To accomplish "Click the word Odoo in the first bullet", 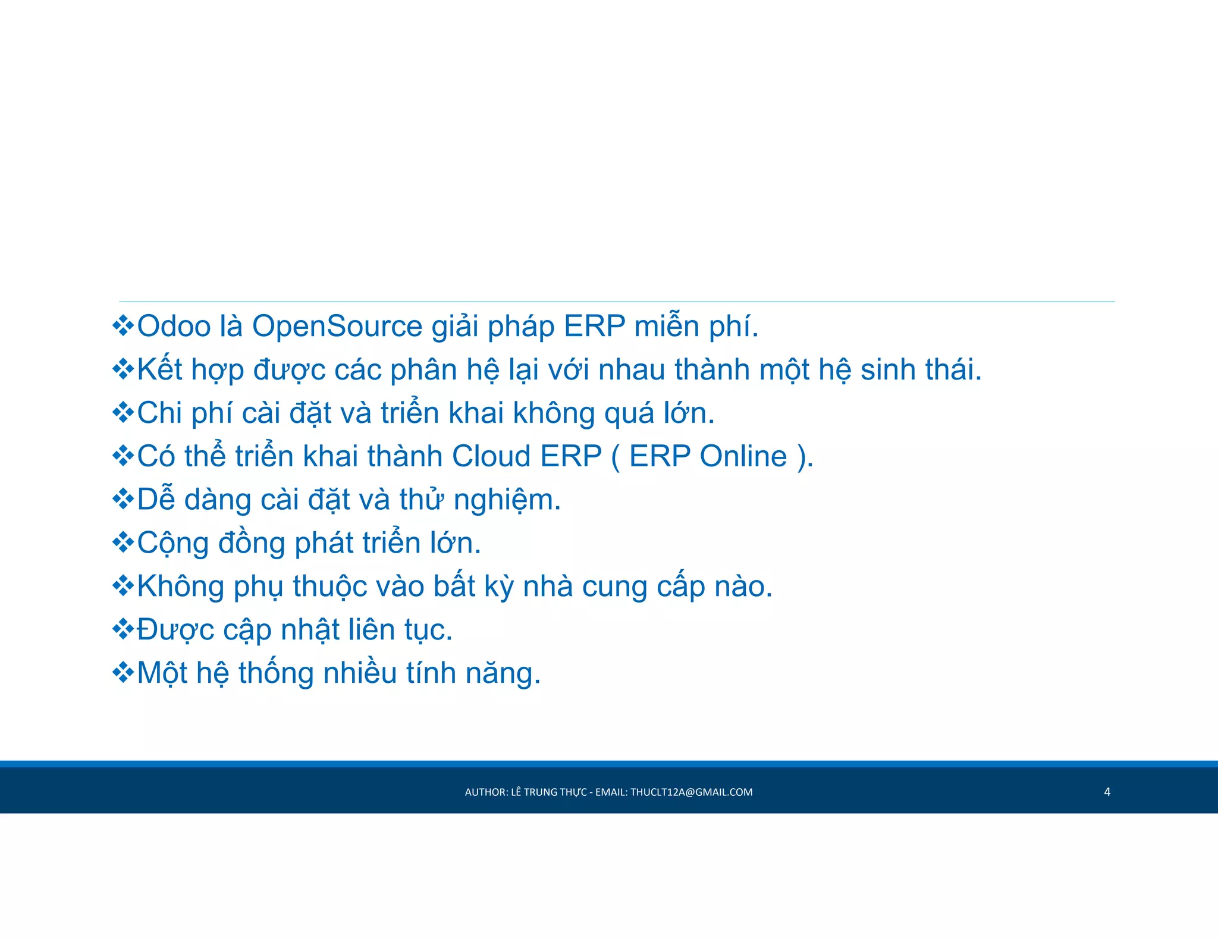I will point(174,327).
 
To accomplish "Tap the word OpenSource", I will point(337,327).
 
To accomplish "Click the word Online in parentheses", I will point(743,457).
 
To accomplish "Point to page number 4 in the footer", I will point(1107,792).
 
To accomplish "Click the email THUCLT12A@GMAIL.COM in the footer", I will point(691,792).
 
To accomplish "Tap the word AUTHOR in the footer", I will point(485,792).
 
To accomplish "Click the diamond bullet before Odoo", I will point(123,326).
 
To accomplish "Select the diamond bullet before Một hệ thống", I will point(123,673).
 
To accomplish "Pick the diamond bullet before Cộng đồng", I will point(123,542).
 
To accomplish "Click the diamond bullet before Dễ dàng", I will point(123,499).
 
